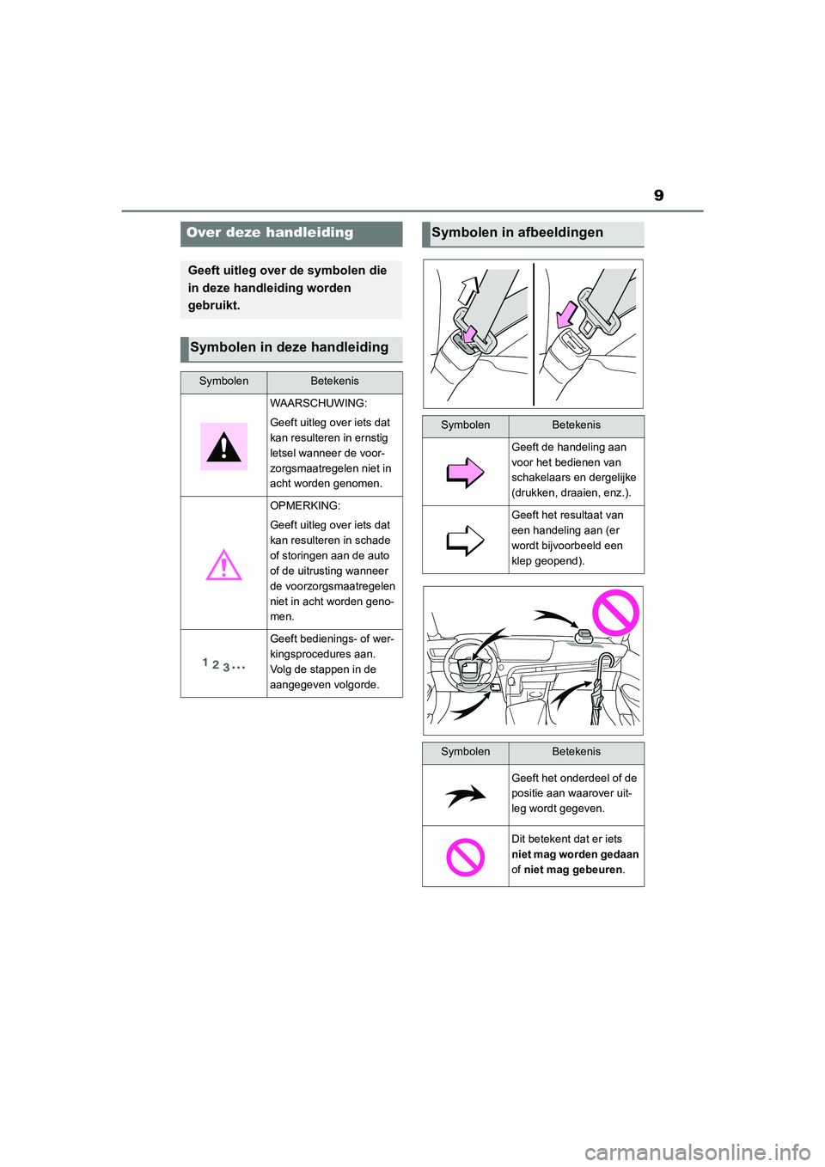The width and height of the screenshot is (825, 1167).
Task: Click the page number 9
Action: (658, 196)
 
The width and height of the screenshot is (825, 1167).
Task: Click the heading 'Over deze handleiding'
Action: (270, 233)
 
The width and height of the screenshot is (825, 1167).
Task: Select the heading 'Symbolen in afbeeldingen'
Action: (517, 233)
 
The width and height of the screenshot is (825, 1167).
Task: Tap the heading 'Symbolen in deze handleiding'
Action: (289, 348)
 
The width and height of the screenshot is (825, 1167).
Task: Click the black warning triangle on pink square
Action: (223, 447)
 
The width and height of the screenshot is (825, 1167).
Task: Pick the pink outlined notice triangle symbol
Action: (223, 565)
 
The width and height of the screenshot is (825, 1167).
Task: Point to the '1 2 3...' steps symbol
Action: (223, 664)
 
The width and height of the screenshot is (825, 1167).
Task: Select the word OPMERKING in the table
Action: (305, 506)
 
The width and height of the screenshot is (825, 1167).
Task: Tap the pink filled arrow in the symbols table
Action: (465, 472)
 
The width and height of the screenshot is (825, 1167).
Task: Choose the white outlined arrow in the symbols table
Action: (465, 541)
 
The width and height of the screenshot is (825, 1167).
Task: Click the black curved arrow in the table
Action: (465, 797)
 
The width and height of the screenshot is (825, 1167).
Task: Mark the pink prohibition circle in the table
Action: (465, 857)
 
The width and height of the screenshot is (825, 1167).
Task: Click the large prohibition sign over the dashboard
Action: (615, 614)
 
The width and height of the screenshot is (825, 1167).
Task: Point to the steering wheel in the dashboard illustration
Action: (470, 665)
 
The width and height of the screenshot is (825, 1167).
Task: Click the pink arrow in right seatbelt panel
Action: (566, 314)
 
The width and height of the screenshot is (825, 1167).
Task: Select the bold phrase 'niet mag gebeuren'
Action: (572, 871)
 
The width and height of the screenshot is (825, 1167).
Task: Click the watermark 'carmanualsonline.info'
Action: (697, 1152)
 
